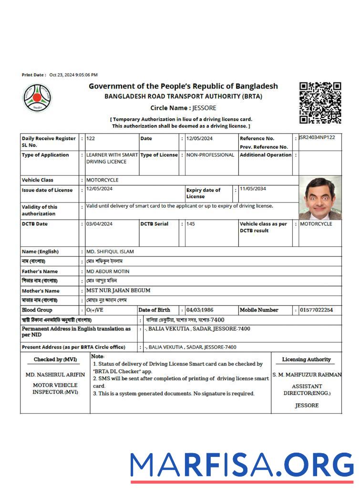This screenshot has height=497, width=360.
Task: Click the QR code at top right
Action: (x=320, y=102)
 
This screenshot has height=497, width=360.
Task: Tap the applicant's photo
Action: (x=320, y=197)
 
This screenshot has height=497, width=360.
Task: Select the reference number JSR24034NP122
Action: (x=317, y=138)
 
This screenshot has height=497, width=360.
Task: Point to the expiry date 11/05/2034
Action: (x=253, y=189)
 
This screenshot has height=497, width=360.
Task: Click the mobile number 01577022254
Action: (x=317, y=310)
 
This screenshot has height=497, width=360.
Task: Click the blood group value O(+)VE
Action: (x=94, y=310)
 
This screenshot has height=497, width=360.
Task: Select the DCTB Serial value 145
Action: (x=190, y=224)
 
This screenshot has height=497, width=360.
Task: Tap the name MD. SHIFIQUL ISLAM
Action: (x=110, y=252)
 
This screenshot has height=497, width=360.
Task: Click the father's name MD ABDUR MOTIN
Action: (x=108, y=271)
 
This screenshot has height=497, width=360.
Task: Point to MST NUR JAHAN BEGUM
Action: (x=118, y=290)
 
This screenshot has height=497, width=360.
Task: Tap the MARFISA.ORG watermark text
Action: (x=242, y=465)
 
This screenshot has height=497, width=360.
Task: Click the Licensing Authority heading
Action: (x=306, y=360)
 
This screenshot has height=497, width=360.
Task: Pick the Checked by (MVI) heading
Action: (x=55, y=360)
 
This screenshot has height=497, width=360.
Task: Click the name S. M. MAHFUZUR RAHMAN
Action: (x=307, y=375)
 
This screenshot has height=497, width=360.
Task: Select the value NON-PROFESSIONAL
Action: (x=210, y=155)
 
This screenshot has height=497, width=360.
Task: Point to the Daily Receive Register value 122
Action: (x=91, y=138)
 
